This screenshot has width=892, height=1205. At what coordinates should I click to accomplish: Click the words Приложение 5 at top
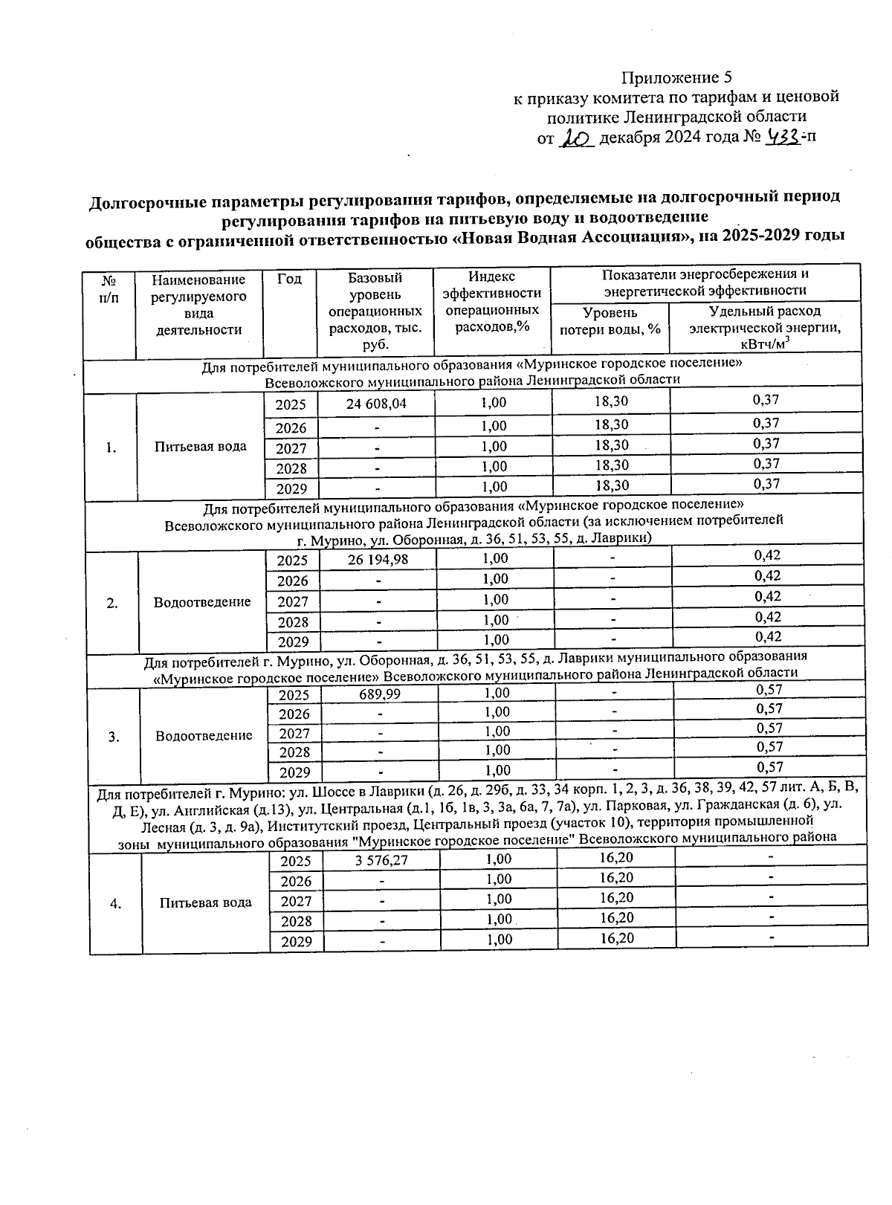(676, 77)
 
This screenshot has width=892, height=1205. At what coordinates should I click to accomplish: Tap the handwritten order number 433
(783, 137)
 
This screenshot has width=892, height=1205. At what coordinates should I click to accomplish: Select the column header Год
(289, 280)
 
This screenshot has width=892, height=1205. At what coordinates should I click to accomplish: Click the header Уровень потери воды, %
(610, 320)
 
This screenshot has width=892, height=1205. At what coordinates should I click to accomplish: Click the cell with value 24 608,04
(376, 403)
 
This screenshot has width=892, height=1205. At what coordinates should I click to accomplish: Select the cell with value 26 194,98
(378, 559)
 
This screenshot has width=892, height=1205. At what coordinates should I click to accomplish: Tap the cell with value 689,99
(379, 694)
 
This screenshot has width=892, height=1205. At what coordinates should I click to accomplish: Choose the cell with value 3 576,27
(381, 860)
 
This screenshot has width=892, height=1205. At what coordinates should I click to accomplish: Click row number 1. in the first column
(110, 448)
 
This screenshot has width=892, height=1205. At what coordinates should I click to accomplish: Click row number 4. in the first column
(115, 903)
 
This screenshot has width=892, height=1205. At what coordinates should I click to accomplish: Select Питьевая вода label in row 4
(205, 902)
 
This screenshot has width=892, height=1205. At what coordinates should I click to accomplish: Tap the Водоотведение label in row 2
(202, 602)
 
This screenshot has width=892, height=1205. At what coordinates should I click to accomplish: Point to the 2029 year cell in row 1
(291, 489)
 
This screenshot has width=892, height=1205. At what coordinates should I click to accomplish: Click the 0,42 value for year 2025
(767, 555)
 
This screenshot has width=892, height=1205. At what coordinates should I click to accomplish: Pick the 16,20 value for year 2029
(616, 938)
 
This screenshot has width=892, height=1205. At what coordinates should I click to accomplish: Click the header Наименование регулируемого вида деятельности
(198, 305)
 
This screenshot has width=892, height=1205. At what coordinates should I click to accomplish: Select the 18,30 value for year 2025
(611, 401)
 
